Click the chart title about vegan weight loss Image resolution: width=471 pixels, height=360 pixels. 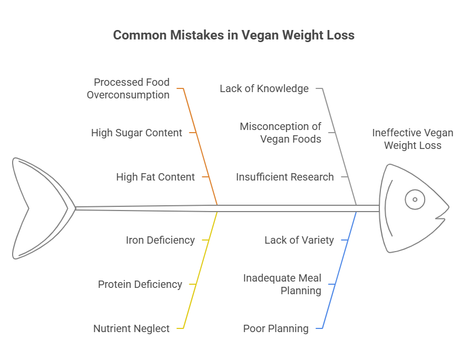(234, 36)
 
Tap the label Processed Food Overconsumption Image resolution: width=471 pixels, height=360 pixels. (128, 88)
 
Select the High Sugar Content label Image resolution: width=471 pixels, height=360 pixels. (136, 133)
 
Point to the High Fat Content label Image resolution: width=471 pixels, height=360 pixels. (155, 177)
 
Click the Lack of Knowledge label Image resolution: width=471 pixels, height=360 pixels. (264, 88)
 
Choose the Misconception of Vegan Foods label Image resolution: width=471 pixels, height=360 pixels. (280, 133)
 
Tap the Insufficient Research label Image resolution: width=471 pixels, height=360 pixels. (284, 177)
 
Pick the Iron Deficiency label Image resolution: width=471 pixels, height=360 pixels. (160, 240)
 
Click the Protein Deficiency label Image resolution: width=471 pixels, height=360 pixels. (140, 284)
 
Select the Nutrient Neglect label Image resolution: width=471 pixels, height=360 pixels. (132, 328)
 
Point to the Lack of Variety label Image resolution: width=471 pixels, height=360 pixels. (299, 240)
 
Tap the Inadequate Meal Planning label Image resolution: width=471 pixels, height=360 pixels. (282, 284)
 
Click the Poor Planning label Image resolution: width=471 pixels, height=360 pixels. (276, 328)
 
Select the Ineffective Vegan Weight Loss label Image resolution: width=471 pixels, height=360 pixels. (413, 139)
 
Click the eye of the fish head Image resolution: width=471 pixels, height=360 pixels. (415, 199)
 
